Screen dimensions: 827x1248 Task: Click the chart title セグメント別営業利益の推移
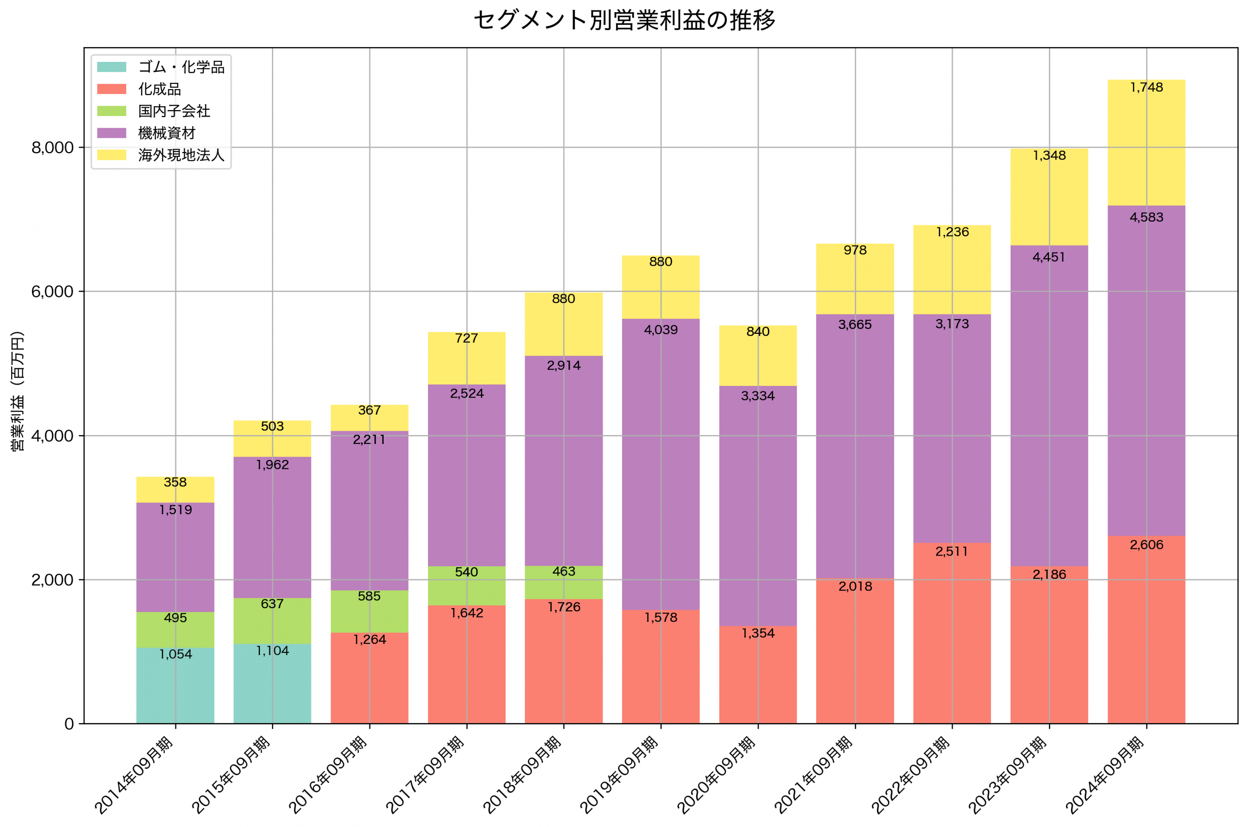tap(624, 20)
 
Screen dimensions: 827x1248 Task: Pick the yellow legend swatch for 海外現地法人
tap(112, 155)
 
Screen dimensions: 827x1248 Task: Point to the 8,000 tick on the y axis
tap(53, 148)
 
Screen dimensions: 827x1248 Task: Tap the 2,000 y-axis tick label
tap(53, 580)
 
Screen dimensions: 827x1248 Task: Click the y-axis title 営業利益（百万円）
tap(18, 391)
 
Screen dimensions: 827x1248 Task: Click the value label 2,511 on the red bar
tap(952, 552)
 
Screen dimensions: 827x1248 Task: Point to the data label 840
tap(758, 332)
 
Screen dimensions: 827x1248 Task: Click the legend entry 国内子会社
tap(174, 111)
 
